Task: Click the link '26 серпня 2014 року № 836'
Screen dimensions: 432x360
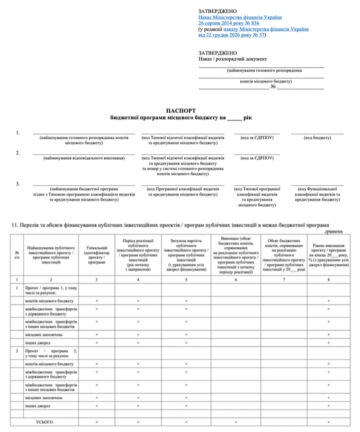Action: (229, 23)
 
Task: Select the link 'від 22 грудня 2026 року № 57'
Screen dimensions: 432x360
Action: (232, 35)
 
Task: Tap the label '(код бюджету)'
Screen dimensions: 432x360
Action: (317, 138)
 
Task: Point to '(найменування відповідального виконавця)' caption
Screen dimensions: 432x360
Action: (84, 158)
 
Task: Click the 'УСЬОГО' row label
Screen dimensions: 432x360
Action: (45, 422)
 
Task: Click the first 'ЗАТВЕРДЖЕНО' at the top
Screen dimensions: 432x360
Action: (218, 11)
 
